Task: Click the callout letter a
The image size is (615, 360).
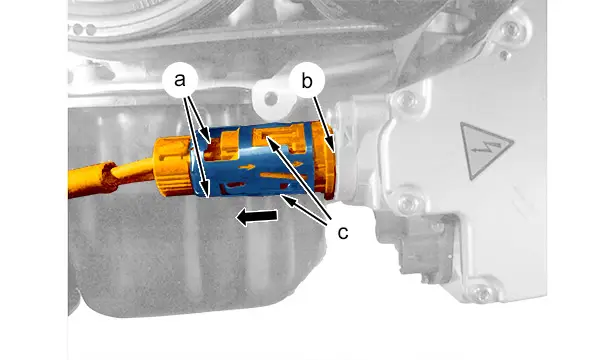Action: (180, 80)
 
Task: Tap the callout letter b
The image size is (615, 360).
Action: (307, 81)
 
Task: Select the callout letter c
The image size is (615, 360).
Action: (342, 233)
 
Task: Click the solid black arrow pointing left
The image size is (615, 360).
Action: (257, 216)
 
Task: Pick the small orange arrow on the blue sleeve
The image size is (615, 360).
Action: (247, 167)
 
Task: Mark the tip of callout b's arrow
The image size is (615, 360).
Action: (333, 150)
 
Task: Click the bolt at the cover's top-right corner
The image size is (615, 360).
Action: (511, 29)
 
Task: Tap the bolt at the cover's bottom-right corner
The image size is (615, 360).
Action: (482, 293)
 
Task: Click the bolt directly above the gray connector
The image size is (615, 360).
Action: (408, 202)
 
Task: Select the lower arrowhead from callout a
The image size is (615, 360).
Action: (207, 191)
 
